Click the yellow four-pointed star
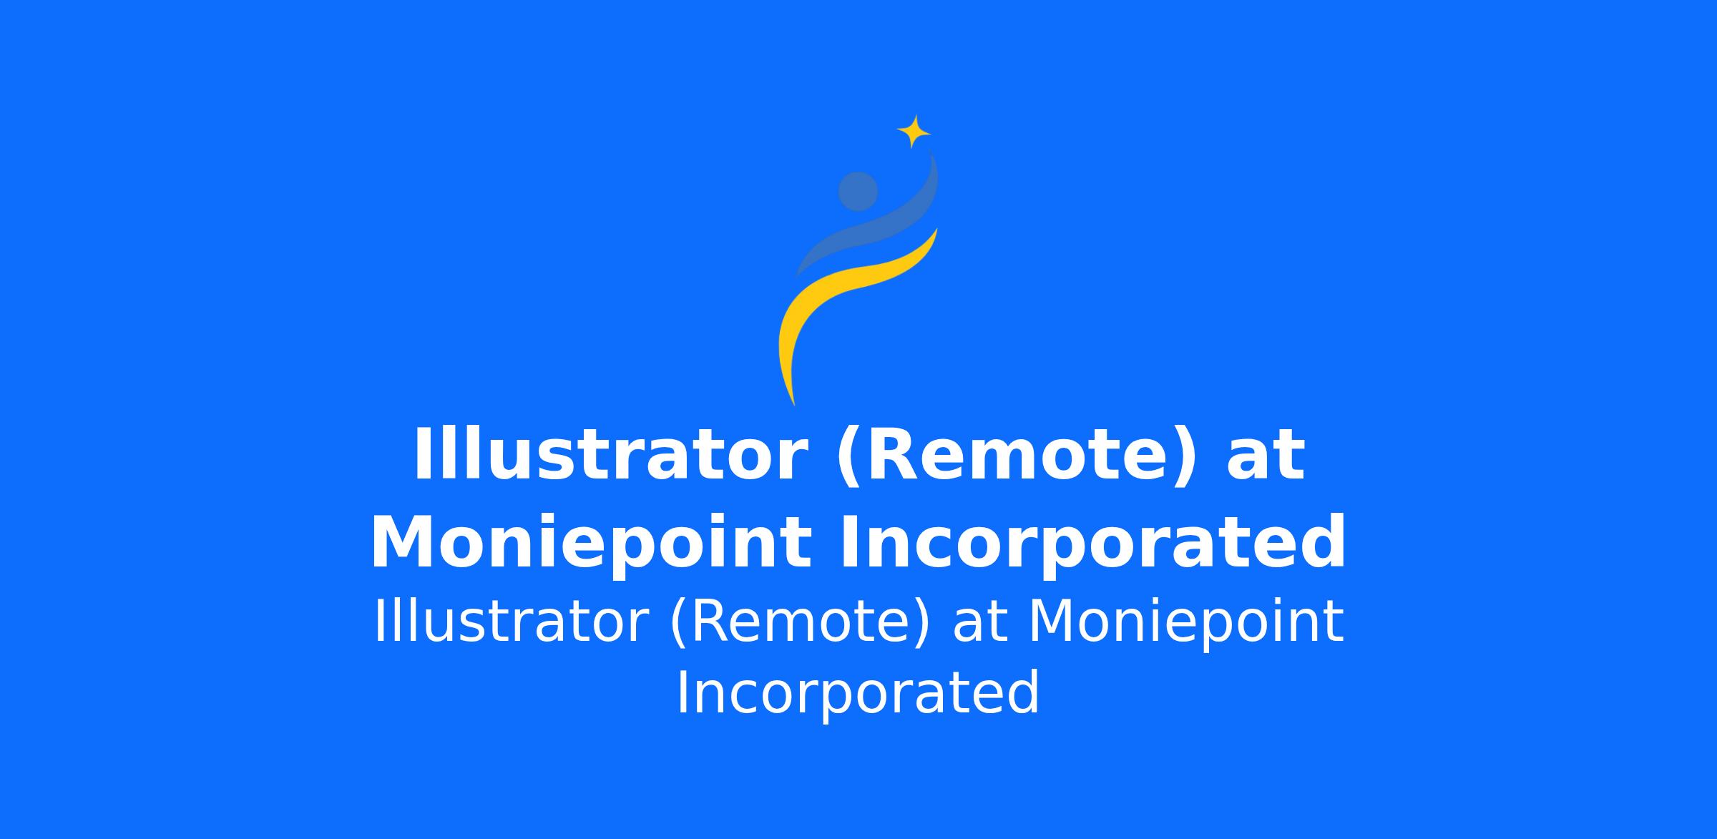(914, 132)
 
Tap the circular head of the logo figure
(858, 192)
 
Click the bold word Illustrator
(610, 456)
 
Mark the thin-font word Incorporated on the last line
(858, 693)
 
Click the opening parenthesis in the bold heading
(850, 458)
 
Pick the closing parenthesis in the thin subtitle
(923, 624)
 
